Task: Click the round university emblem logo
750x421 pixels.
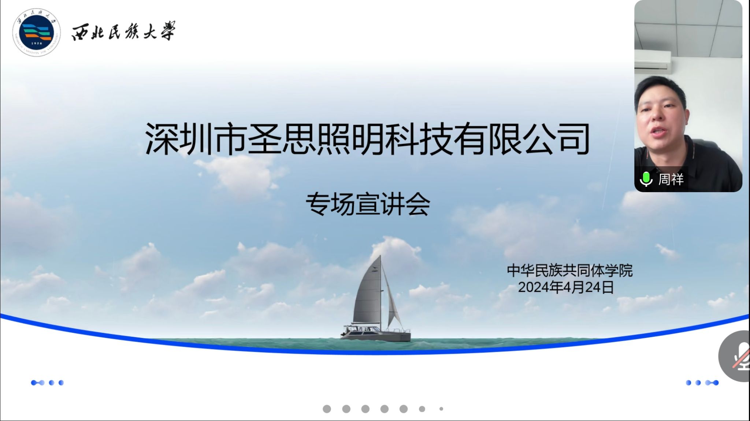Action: coord(36,33)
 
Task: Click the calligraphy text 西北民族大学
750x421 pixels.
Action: coord(123,31)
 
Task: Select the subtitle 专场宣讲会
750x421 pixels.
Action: coord(368,204)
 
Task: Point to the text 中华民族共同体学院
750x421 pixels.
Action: coord(570,271)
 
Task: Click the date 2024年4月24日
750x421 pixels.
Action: coord(566,287)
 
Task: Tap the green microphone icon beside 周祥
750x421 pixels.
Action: coord(646,179)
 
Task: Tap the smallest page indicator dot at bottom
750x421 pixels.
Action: coord(441,409)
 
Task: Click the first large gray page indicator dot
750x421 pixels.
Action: coord(327,409)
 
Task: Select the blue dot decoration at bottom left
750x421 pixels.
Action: coord(47,383)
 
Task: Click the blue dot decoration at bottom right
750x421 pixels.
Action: coord(702,383)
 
